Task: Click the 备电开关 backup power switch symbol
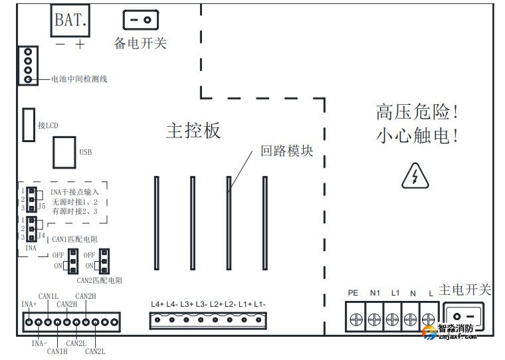pyautogui.click(x=140, y=21)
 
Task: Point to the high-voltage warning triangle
pyautogui.click(x=415, y=176)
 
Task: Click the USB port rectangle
pyautogui.click(x=64, y=152)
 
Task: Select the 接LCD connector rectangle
pyautogui.click(x=29, y=125)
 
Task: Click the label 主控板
pyautogui.click(x=193, y=131)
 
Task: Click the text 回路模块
pyautogui.click(x=286, y=151)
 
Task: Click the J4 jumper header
pyautogui.click(x=31, y=228)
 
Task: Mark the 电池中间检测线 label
pyautogui.click(x=80, y=79)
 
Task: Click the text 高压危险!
pyautogui.click(x=417, y=111)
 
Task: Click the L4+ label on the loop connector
pyautogui.click(x=157, y=304)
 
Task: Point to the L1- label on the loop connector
pyautogui.click(x=260, y=304)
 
